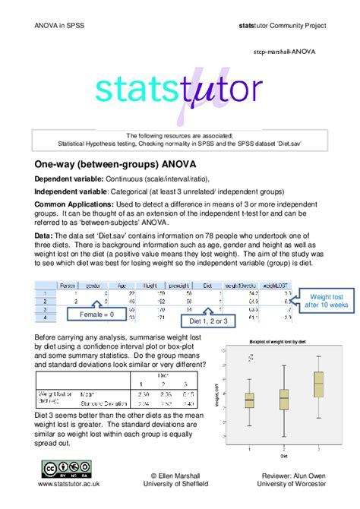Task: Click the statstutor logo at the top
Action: [x=179, y=91]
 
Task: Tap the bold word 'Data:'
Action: [x=44, y=237]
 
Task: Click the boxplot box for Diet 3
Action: [x=318, y=383]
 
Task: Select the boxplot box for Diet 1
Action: [x=249, y=400]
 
